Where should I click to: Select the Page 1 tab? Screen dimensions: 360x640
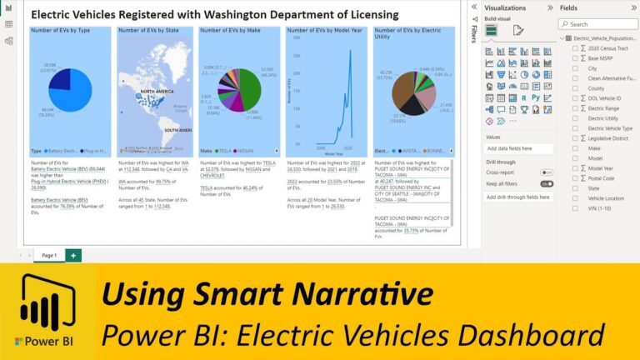click(48, 255)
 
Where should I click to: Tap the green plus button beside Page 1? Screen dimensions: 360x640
click(73, 255)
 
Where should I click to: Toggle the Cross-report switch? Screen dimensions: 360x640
click(547, 172)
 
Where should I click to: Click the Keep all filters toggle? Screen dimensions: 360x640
click(547, 183)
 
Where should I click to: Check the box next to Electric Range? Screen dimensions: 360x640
click(575, 108)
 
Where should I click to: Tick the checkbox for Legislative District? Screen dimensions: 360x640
click(575, 138)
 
